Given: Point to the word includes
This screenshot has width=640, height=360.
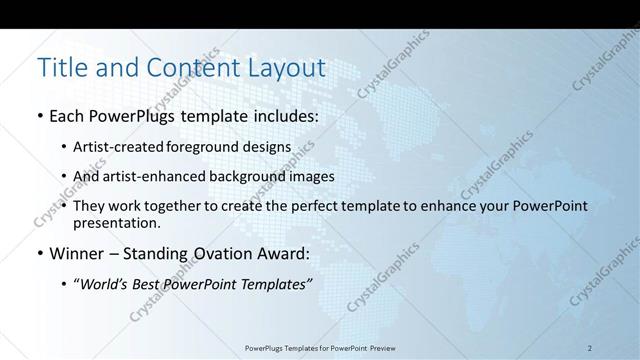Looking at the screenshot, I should coord(286,117).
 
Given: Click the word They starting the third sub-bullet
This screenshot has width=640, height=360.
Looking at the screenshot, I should coord(93,205).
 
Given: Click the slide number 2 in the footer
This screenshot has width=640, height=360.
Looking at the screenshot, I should coord(590,348).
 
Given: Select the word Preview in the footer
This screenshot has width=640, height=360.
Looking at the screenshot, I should coord(381,348).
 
